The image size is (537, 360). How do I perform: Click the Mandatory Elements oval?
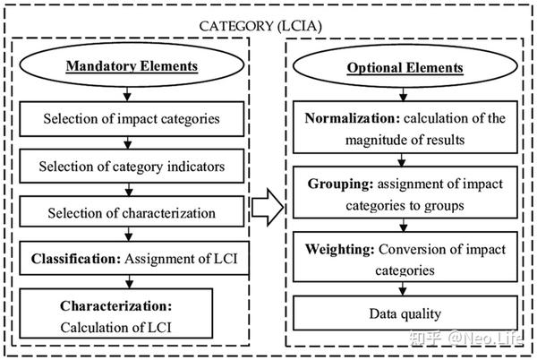(132, 66)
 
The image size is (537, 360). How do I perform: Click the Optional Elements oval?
(405, 67)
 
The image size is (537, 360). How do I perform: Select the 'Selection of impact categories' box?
(132, 116)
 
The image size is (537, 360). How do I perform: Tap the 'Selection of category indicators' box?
(132, 166)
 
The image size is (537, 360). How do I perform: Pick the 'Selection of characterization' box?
(132, 214)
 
